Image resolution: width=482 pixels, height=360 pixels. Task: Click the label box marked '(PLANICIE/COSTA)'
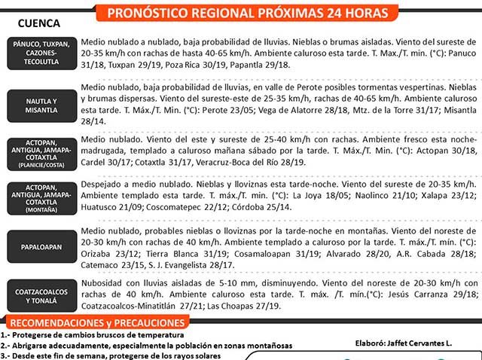pos(41,154)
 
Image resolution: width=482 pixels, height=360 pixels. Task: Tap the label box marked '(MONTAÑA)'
pos(41,200)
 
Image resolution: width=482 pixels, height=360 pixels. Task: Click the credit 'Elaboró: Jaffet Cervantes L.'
pos(403,343)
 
